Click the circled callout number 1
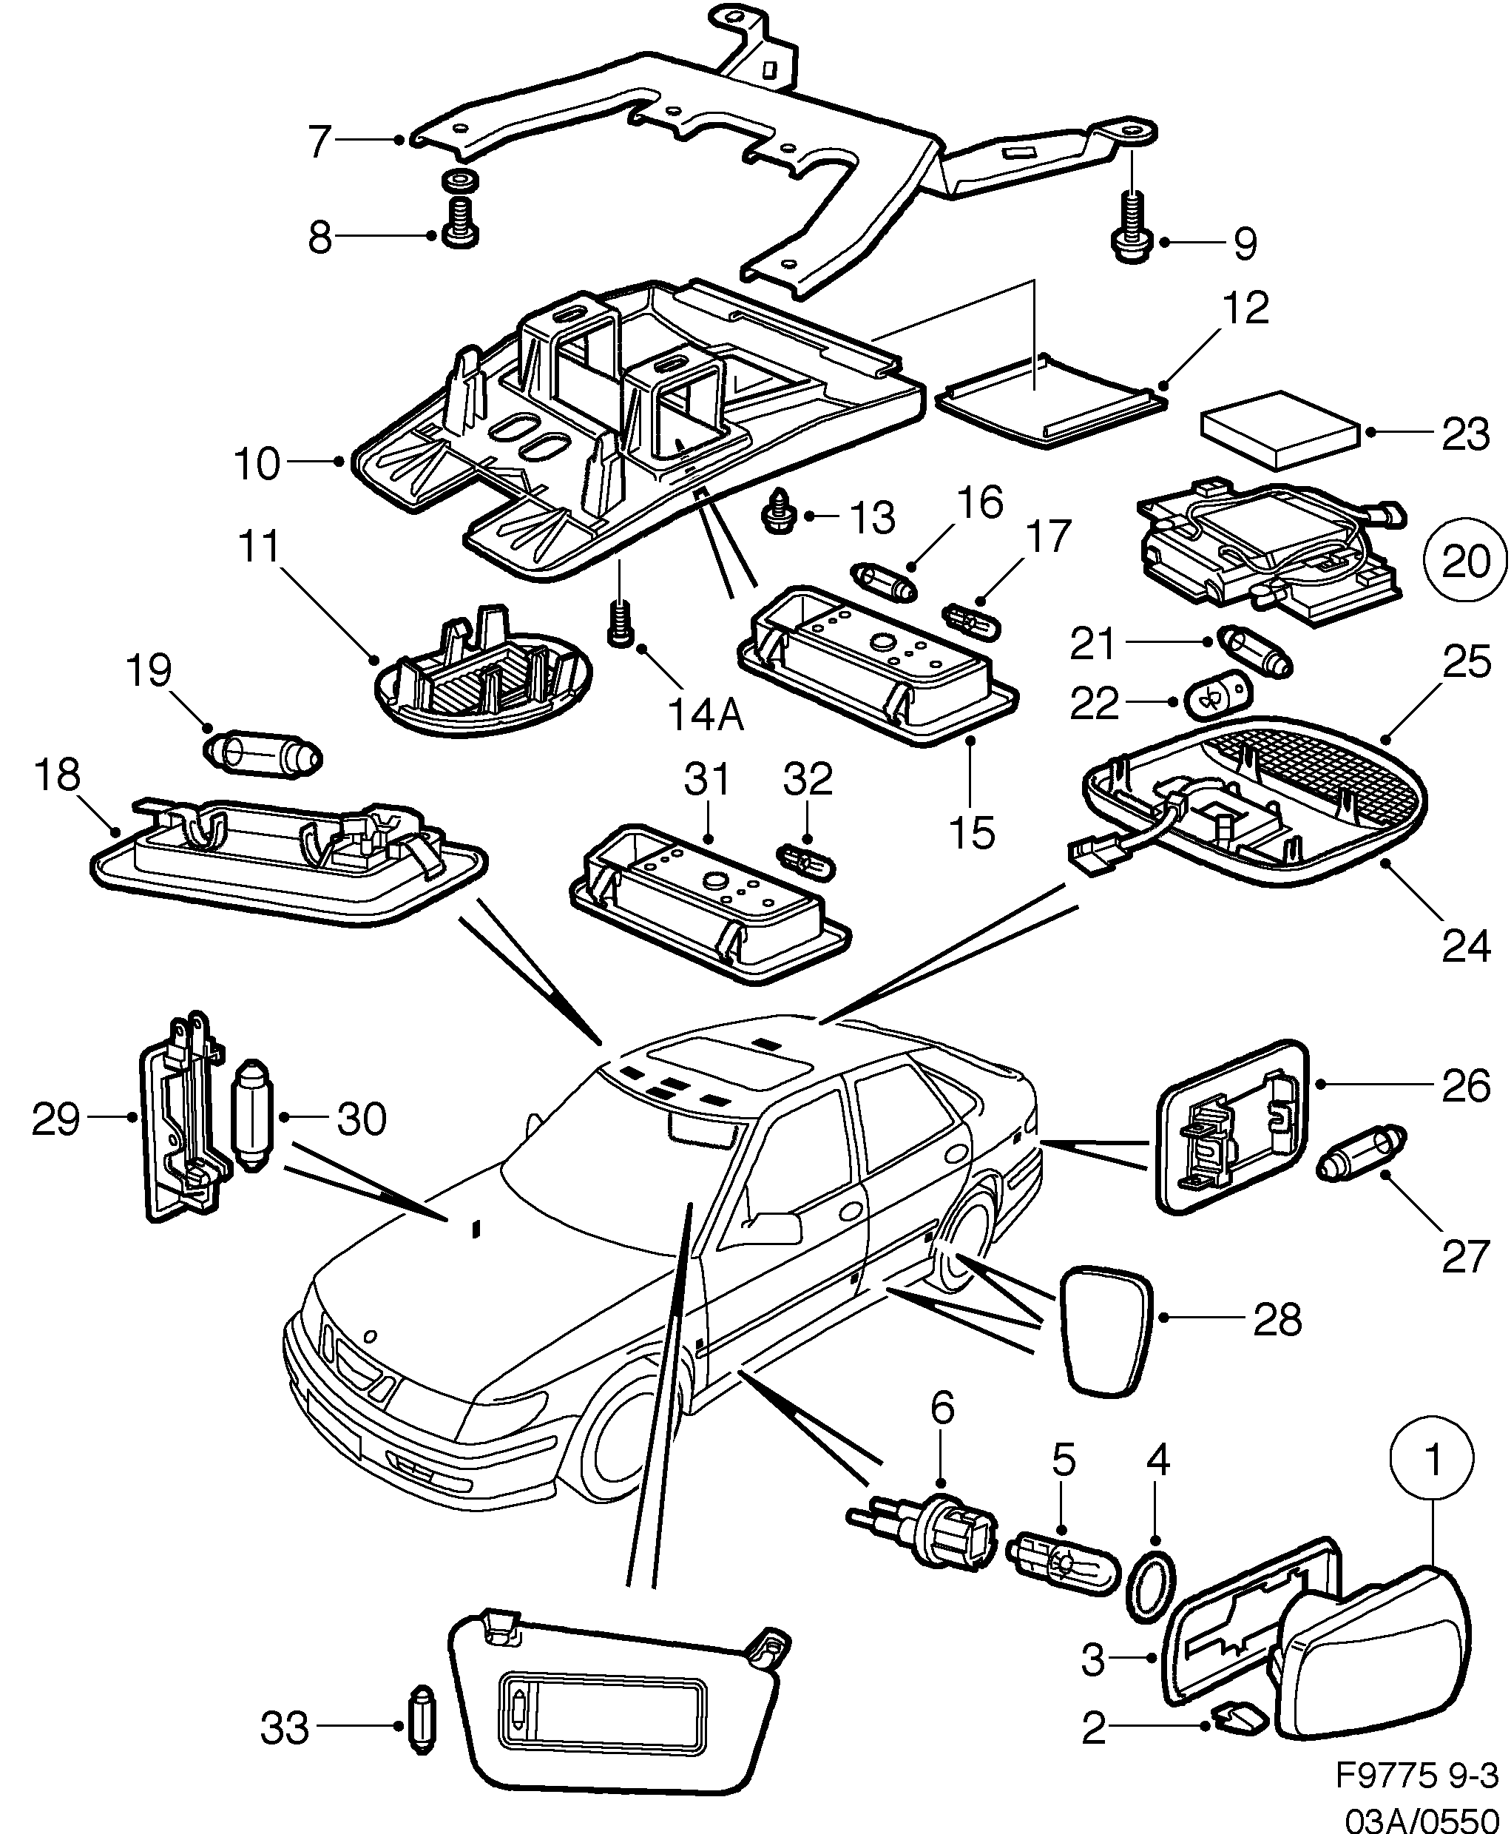click(1433, 1460)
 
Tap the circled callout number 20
click(1466, 562)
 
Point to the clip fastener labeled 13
click(777, 513)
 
